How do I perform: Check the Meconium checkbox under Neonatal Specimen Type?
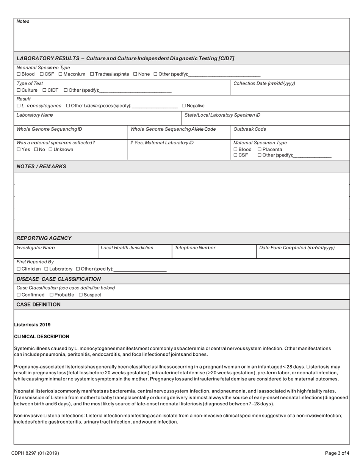(61, 74)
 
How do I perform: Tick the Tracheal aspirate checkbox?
(92, 74)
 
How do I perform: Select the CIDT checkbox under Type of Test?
(44, 90)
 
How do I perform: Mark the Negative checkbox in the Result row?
(184, 106)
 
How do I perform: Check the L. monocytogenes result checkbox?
(19, 106)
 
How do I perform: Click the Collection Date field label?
(264, 83)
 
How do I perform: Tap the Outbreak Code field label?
(250, 129)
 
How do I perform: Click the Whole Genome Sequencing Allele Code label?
(173, 129)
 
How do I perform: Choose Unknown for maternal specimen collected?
(50, 150)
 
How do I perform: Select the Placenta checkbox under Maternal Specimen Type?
(260, 150)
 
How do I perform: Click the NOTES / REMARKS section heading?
(41, 166)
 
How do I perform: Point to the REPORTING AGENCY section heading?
(44, 238)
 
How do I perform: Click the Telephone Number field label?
(195, 248)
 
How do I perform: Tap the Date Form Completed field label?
(297, 248)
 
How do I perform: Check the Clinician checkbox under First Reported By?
(19, 269)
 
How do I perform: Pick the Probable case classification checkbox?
(52, 295)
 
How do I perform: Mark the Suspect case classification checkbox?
(81, 295)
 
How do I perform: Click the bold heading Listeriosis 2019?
(32, 325)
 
